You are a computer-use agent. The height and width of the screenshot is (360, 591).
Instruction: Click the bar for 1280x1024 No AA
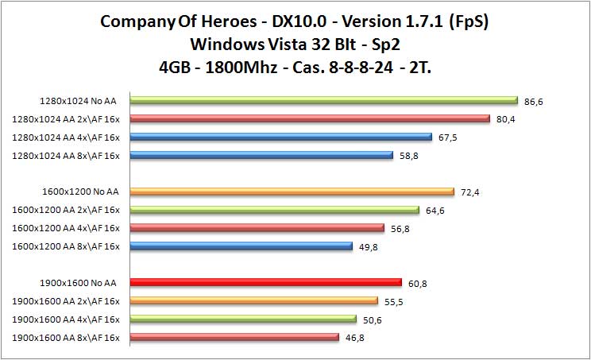point(323,100)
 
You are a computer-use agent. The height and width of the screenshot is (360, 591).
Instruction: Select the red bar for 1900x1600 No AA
point(265,282)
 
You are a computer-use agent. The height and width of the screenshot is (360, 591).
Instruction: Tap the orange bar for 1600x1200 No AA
point(292,192)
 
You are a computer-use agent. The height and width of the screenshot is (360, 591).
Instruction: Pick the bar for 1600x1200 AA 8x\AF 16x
point(241,246)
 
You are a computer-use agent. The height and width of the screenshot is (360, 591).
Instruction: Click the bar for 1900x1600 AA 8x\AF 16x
point(234,337)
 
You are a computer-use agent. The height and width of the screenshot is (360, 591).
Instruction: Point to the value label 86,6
point(534,101)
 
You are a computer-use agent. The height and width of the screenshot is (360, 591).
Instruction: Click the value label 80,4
point(504,119)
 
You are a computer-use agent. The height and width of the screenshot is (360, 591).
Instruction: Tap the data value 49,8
point(367,246)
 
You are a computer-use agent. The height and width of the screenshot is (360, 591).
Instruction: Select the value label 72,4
point(469,192)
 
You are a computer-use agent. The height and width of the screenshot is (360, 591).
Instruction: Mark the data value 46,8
point(355,338)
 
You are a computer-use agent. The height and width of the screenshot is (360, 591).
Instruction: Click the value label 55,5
point(392,300)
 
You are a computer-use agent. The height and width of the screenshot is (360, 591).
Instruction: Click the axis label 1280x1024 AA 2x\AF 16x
point(66,119)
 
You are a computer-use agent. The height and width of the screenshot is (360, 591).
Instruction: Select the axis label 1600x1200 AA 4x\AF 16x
point(66,228)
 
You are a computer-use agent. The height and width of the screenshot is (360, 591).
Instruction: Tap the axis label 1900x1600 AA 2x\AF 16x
point(66,300)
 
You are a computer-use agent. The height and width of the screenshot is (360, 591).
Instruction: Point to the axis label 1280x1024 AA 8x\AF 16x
point(66,156)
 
